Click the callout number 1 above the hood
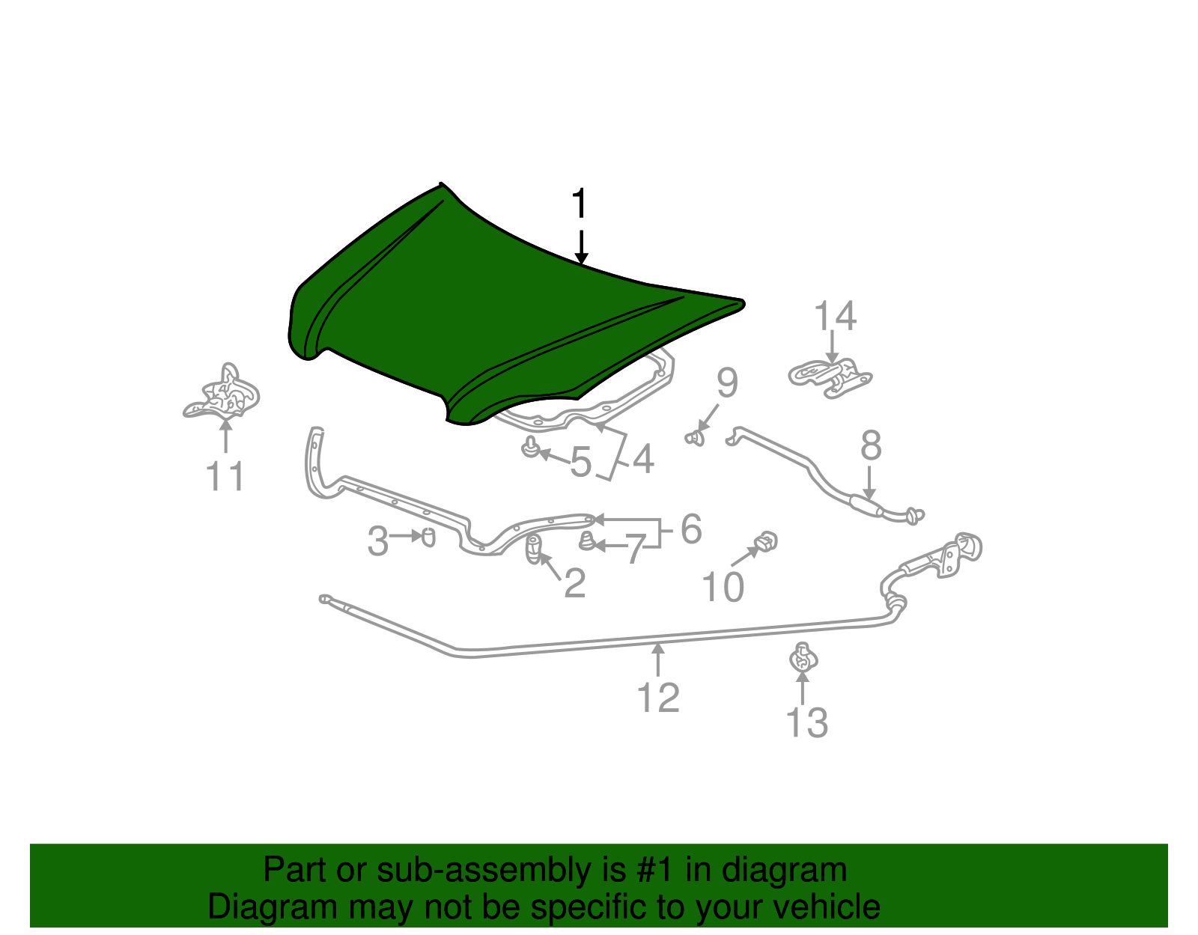pyautogui.click(x=580, y=203)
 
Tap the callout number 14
pyautogui.click(x=836, y=316)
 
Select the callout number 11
pyautogui.click(x=225, y=476)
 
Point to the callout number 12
pyautogui.click(x=658, y=698)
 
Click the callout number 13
pyautogui.click(x=806, y=722)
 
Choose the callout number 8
pyautogui.click(x=871, y=445)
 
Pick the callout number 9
pyautogui.click(x=727, y=383)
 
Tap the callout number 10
pyautogui.click(x=723, y=587)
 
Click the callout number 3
pyautogui.click(x=377, y=541)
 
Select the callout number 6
pyautogui.click(x=691, y=529)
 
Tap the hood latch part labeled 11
pyautogui.click(x=222, y=392)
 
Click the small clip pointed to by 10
pyautogui.click(x=766, y=541)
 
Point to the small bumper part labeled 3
pyautogui.click(x=428, y=537)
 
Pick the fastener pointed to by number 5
pyautogui.click(x=530, y=447)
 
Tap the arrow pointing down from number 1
pyautogui.click(x=581, y=247)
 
